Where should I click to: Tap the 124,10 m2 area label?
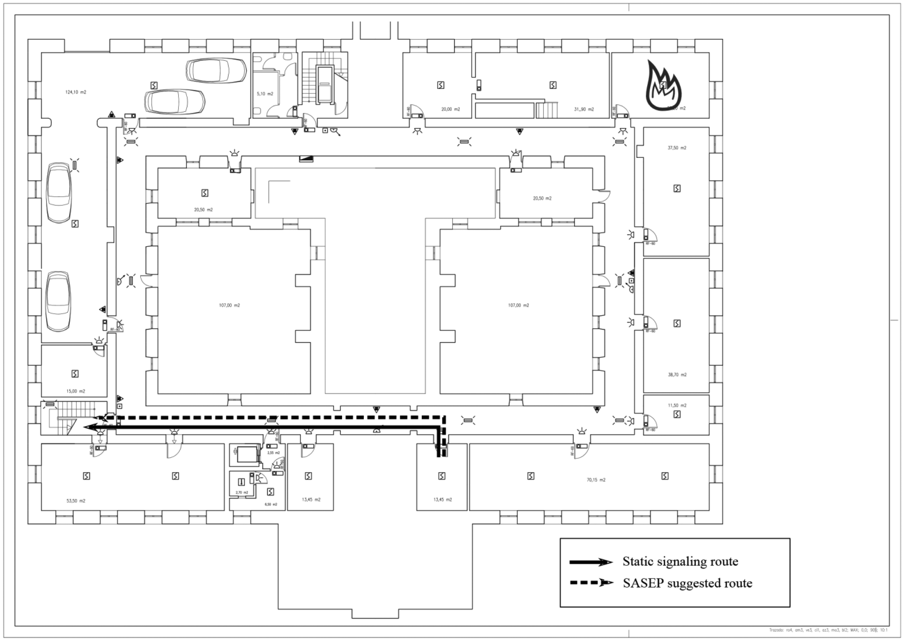coord(76,92)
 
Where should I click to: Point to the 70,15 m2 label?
coord(596,480)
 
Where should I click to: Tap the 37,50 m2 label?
coord(677,148)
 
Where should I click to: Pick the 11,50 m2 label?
coord(677,405)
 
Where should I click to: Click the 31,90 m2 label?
coord(584,109)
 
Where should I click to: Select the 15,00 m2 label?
coord(75,391)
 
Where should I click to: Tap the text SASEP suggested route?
coord(687,583)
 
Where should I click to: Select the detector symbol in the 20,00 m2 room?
coord(441,85)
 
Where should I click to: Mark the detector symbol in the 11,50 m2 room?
coord(677,414)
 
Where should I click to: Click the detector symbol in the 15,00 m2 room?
coord(75,373)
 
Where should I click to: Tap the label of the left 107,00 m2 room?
coord(229,305)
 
